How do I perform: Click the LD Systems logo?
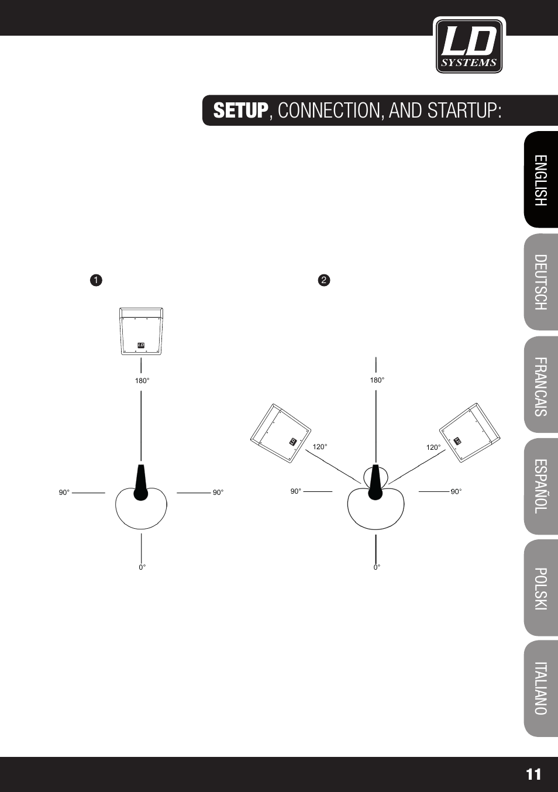(x=469, y=46)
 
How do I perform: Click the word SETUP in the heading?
(x=240, y=111)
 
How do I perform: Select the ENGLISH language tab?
(x=541, y=180)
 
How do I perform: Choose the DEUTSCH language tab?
(x=541, y=282)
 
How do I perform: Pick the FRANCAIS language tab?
(x=541, y=386)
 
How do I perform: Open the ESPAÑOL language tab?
(x=541, y=486)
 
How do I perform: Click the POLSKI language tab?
(x=541, y=588)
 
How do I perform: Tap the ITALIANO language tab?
(x=541, y=688)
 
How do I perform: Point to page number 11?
(x=533, y=774)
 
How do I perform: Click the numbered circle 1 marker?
(x=96, y=280)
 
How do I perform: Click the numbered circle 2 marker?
(x=324, y=280)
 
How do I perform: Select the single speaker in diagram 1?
(x=141, y=331)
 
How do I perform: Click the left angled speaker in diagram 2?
(x=280, y=433)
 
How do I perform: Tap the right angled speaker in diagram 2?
(x=470, y=433)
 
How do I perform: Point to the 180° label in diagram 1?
(x=142, y=381)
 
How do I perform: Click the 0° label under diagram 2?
(x=377, y=567)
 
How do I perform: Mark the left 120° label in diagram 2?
(x=319, y=447)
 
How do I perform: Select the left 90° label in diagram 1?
(x=64, y=493)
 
